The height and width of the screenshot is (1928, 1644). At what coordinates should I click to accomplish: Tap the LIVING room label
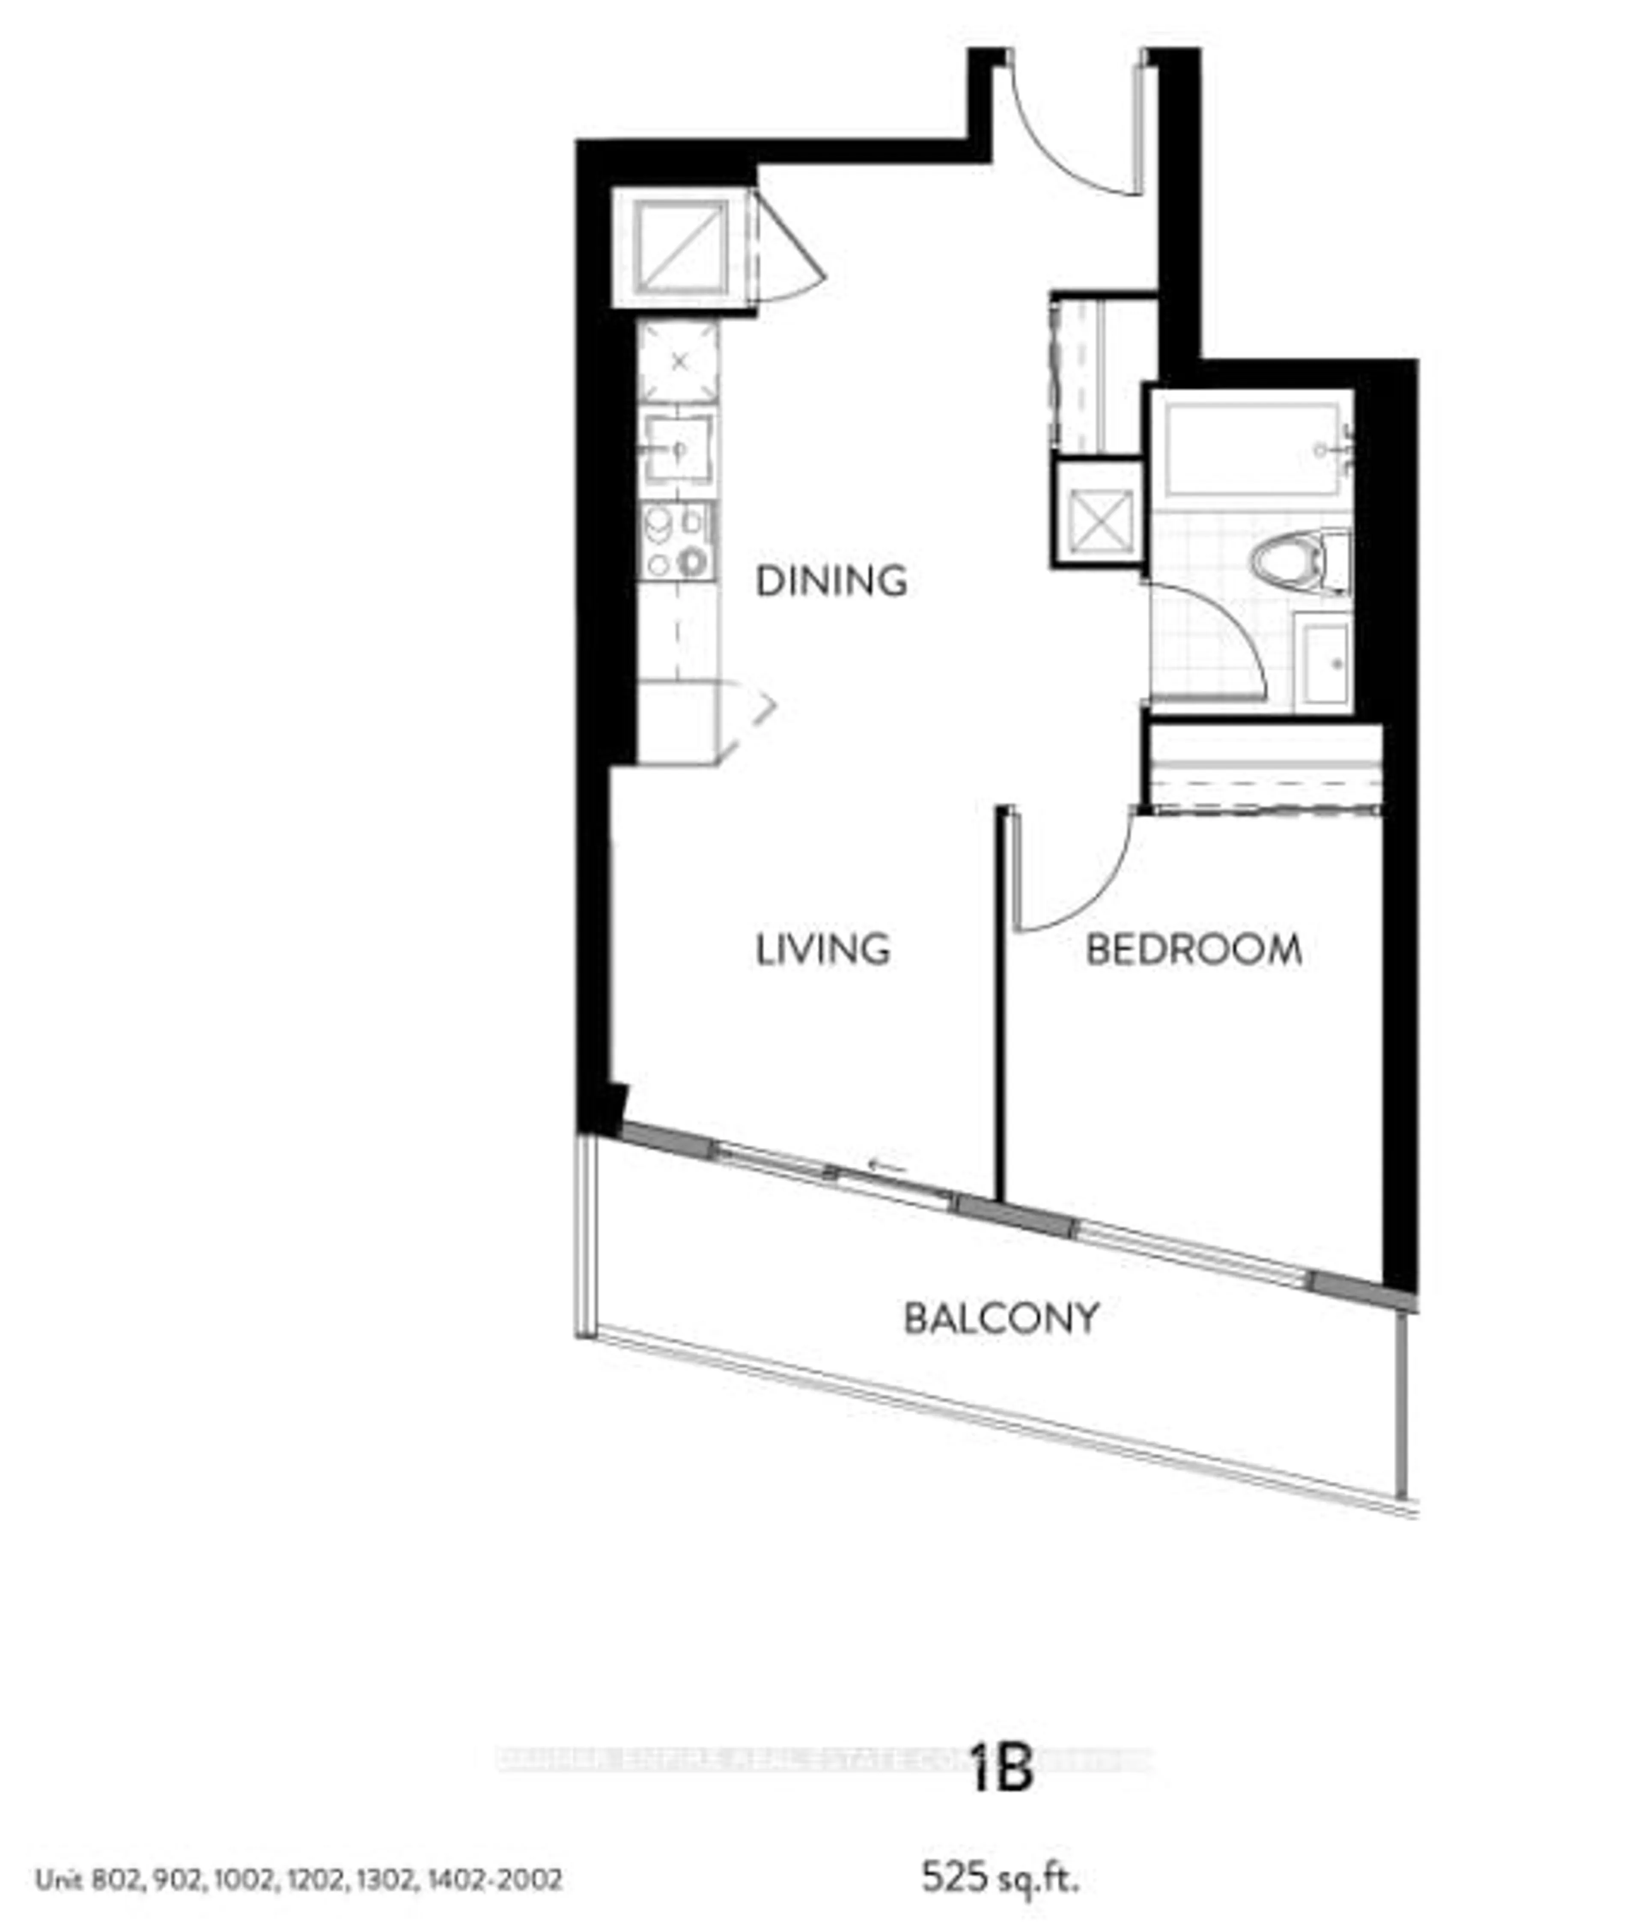822,949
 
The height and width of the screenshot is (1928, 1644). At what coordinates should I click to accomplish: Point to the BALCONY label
1001,1319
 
